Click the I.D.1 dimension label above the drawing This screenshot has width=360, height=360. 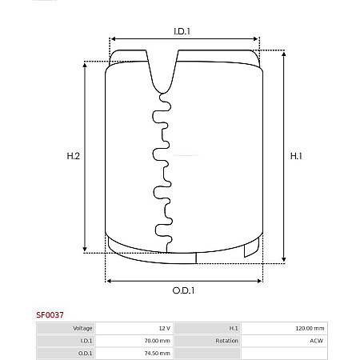click(x=182, y=31)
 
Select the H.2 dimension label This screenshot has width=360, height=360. click(x=73, y=157)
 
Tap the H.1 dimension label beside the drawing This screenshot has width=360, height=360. click(x=295, y=157)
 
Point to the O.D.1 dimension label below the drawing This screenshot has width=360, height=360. click(x=184, y=290)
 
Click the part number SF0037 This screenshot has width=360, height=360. click(x=50, y=316)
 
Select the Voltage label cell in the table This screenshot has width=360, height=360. click(x=83, y=329)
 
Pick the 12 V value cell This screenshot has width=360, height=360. click(x=164, y=329)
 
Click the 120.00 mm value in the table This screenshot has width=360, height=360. click(x=309, y=329)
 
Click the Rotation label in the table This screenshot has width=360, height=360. click(x=227, y=341)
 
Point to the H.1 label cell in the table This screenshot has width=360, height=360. click(x=234, y=329)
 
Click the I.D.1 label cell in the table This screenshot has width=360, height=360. click(x=86, y=341)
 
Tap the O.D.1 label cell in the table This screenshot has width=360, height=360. click(x=85, y=353)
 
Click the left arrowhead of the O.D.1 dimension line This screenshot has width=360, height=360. click(x=110, y=280)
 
